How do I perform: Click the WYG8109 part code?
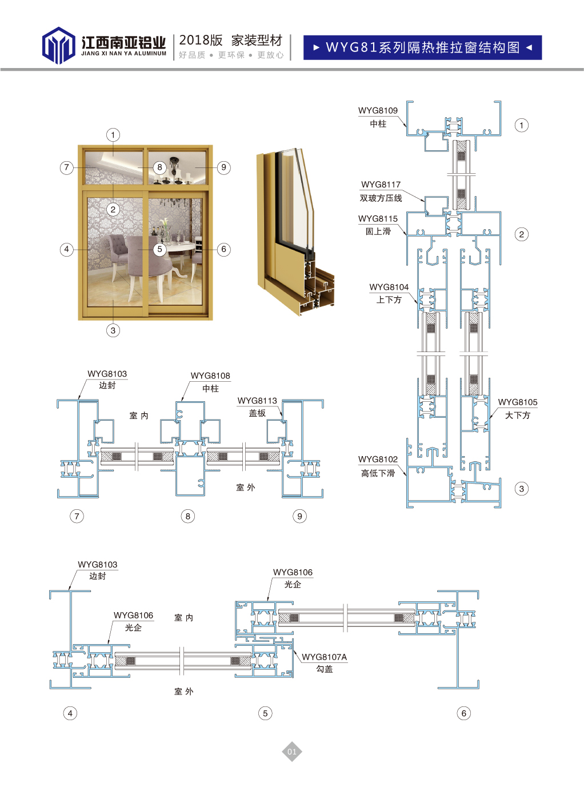coord(378,110)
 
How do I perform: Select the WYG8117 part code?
coord(381,185)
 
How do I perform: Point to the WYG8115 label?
coord(378,218)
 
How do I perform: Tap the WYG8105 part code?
coord(517,402)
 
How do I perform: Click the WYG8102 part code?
coord(378,459)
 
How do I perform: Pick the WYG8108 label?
coord(210,375)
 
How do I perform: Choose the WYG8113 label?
coord(257,401)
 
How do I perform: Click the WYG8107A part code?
coord(324,657)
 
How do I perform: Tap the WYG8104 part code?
coord(389,287)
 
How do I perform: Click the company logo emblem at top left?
coord(58,45)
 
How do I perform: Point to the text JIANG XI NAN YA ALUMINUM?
coord(123,54)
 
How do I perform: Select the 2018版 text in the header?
coord(201,40)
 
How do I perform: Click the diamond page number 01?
coord(292,752)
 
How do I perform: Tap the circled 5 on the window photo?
coord(160,249)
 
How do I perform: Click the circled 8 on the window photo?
coord(160,167)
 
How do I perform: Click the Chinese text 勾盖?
coord(324,669)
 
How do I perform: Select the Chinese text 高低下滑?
coord(378,473)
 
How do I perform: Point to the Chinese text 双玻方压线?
coord(381,198)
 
